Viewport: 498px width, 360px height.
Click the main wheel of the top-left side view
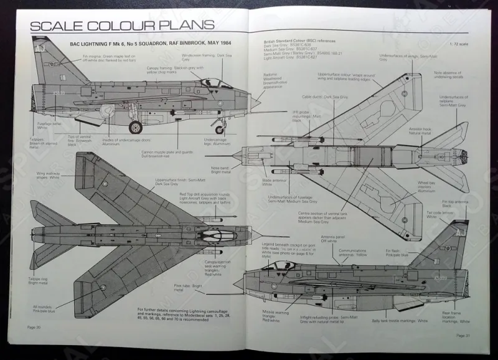click(135, 128)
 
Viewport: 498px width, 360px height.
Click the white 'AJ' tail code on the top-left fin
click(40, 47)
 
